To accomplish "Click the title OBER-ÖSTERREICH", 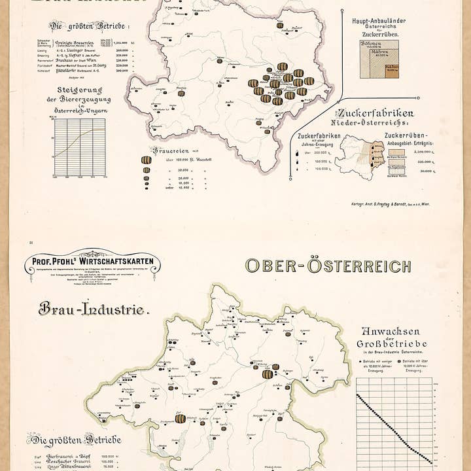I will (x=328, y=266).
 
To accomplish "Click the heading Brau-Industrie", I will (x=94, y=308).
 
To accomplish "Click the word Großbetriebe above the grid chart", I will (x=392, y=343).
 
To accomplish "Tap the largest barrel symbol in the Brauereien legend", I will (x=147, y=160).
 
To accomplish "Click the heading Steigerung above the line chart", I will (x=83, y=90).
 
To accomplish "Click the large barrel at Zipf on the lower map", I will (x=181, y=418).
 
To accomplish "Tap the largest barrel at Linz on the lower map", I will (x=268, y=374).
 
